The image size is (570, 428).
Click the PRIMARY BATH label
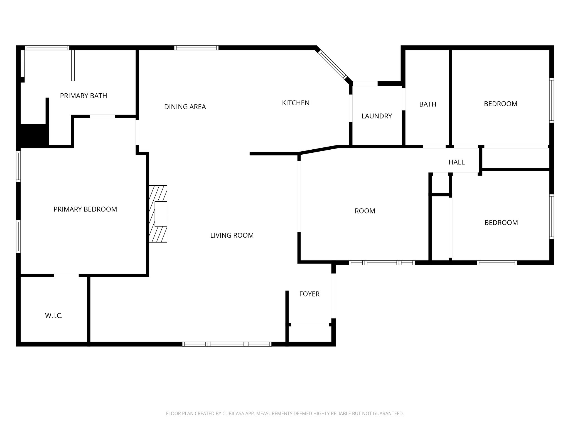[83, 96]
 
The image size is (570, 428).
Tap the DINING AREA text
[185, 107]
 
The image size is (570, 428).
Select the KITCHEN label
[296, 103]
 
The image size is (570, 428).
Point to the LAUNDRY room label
[377, 116]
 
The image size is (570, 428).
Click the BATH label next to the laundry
[427, 104]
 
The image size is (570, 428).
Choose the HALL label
[456, 162]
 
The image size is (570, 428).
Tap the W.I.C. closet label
[54, 316]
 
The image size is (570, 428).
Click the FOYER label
[309, 294]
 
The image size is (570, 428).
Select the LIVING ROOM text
[232, 235]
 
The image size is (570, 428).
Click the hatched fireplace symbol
[158, 214]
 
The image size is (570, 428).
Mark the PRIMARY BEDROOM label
[85, 209]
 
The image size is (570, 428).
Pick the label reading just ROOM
[365, 211]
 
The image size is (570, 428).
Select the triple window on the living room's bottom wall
[227, 344]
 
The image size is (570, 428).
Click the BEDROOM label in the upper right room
[500, 104]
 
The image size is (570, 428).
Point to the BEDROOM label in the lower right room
[501, 223]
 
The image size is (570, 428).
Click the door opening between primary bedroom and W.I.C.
[66, 276]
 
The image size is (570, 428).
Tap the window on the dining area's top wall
[196, 48]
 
